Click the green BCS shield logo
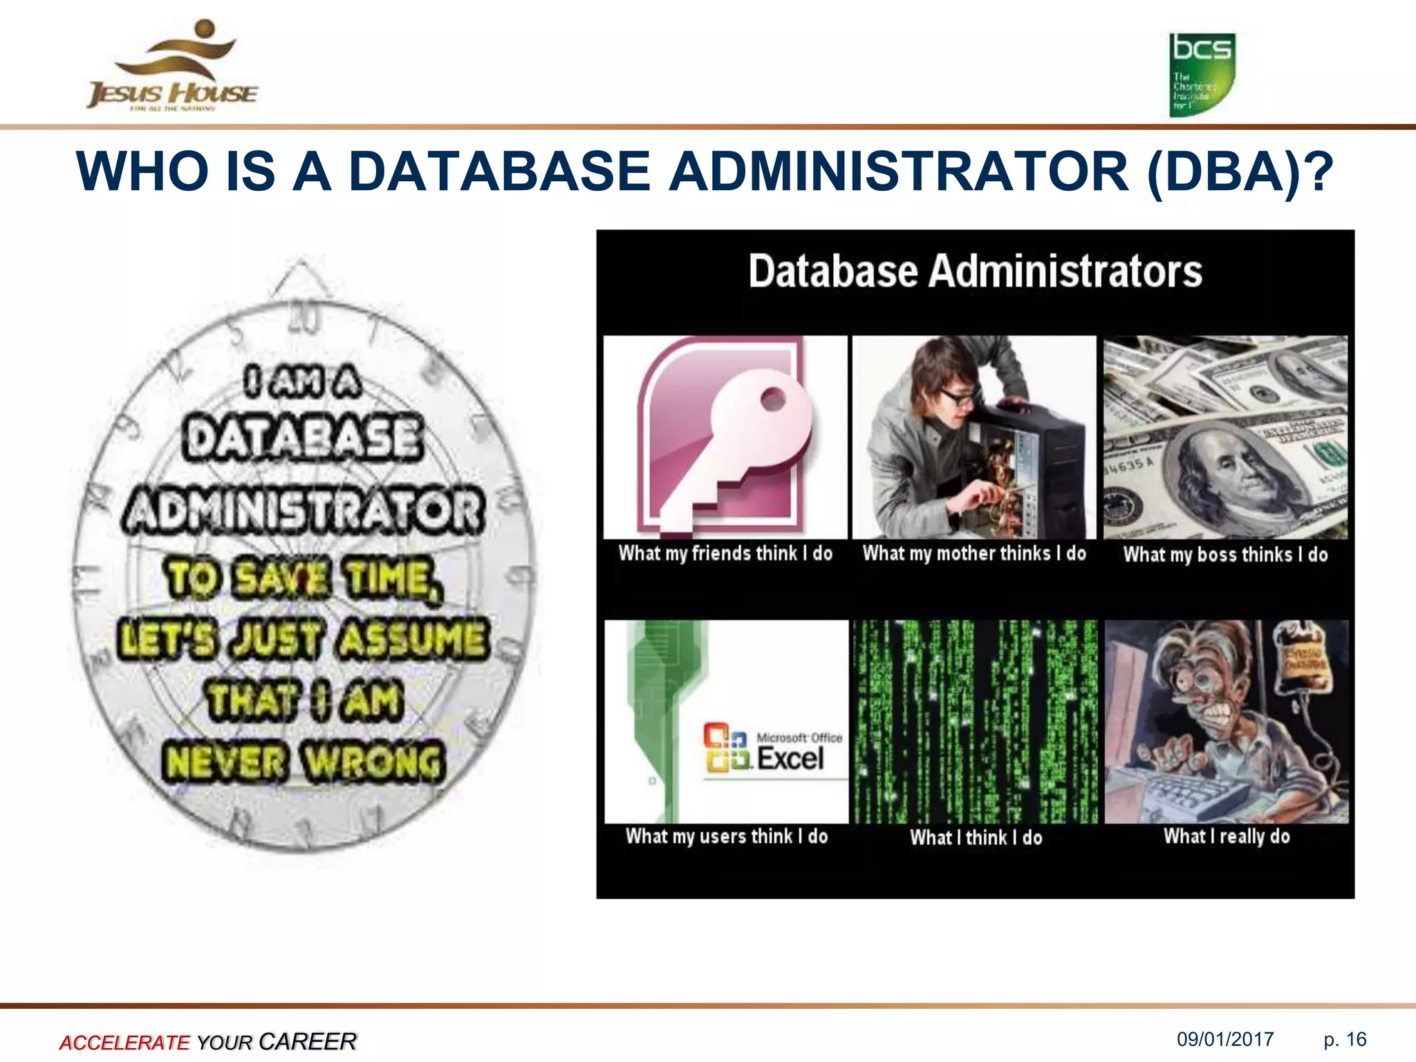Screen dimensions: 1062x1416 click(x=1202, y=75)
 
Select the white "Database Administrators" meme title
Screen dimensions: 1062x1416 click(x=975, y=271)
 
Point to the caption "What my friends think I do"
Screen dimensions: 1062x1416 click(x=725, y=553)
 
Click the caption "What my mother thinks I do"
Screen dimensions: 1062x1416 click(x=974, y=553)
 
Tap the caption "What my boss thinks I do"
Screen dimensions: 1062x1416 click(x=1225, y=555)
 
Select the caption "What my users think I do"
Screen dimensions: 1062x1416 click(x=727, y=837)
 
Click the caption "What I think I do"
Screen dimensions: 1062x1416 click(x=976, y=838)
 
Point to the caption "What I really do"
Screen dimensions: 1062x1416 click(x=1227, y=837)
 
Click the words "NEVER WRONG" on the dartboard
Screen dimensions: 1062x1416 click(x=303, y=762)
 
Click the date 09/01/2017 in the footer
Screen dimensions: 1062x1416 click(x=1225, y=1039)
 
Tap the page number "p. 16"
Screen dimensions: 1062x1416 click(x=1345, y=1039)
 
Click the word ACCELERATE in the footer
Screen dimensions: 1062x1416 click(x=124, y=1042)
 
